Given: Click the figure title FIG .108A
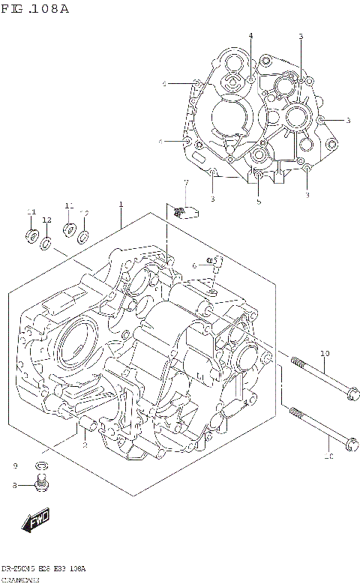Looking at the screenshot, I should pyautogui.click(x=35, y=8).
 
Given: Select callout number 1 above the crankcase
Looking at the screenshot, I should pyautogui.click(x=120, y=204).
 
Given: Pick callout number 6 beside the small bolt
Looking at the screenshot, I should pyautogui.click(x=193, y=265).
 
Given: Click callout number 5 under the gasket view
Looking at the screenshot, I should pyautogui.click(x=258, y=201).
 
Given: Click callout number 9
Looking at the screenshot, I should pyautogui.click(x=14, y=467).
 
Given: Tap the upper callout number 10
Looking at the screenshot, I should pyautogui.click(x=325, y=353).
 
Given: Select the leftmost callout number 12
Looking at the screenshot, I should pyautogui.click(x=46, y=220).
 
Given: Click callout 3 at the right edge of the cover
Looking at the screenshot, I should pyautogui.click(x=347, y=120).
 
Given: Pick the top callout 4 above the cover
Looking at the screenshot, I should pyautogui.click(x=250, y=35).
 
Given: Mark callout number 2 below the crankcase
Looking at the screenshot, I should pyautogui.click(x=85, y=445).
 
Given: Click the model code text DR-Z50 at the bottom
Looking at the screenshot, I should pyautogui.click(x=18, y=568).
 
